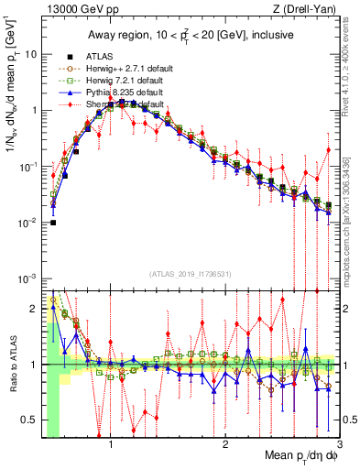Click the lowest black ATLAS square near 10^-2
pyautogui.click(x=53, y=223)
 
